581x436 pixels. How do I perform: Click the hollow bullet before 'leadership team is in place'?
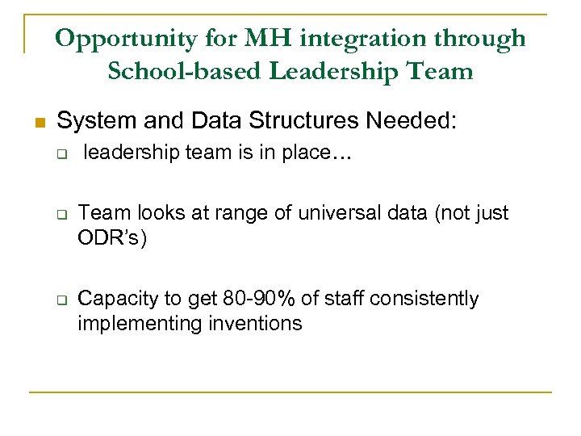[61, 154]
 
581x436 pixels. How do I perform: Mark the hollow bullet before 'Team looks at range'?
[61, 215]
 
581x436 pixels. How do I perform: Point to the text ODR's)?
[112, 240]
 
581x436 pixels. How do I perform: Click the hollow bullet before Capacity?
[61, 299]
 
